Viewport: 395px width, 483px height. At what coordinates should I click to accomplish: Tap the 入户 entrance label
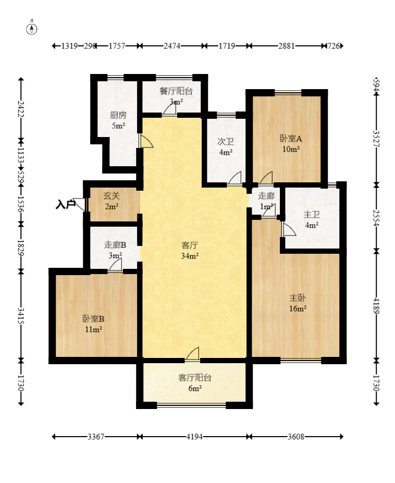(x=66, y=205)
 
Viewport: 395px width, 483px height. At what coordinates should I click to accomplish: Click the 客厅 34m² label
(x=190, y=251)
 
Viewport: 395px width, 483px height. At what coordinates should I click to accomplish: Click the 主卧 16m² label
(x=298, y=303)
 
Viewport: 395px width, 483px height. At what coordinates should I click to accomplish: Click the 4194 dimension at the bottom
(x=194, y=437)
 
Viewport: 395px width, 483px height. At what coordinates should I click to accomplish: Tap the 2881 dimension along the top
(x=287, y=46)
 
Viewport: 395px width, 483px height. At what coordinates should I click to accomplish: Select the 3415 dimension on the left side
(x=21, y=315)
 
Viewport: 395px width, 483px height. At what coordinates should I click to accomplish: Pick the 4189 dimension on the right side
(x=376, y=305)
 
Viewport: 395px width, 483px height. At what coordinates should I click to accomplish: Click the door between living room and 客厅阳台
(x=192, y=354)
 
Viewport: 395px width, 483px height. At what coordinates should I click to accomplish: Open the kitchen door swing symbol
(x=146, y=141)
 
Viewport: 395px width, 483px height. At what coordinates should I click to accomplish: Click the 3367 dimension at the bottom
(x=96, y=437)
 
